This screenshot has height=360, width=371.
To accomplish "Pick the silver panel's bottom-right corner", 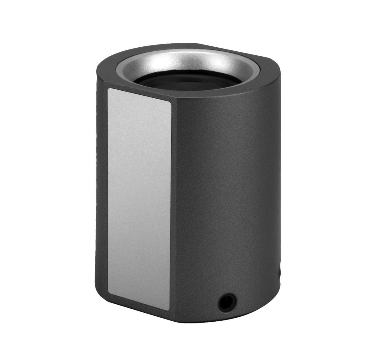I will (x=169, y=310).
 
